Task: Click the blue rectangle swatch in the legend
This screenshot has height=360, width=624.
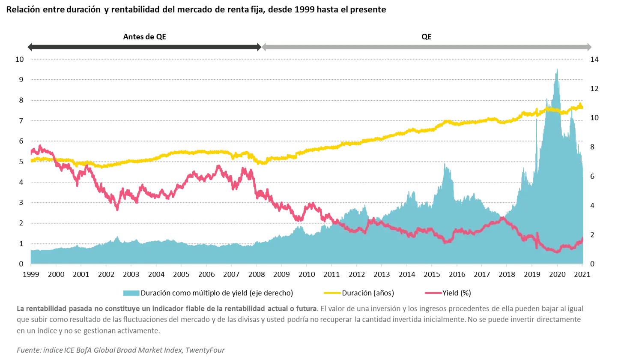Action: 131,293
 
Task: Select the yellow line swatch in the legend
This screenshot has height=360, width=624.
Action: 332,293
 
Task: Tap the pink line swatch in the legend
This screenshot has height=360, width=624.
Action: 432,293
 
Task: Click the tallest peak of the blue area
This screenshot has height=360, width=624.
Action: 557,66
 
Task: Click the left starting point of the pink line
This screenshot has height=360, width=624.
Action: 30,152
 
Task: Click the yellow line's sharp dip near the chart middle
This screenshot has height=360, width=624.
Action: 263,163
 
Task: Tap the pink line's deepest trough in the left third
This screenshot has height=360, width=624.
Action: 116,209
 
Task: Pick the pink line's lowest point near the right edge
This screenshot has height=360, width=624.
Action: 557,252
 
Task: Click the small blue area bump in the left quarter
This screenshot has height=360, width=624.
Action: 117,236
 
